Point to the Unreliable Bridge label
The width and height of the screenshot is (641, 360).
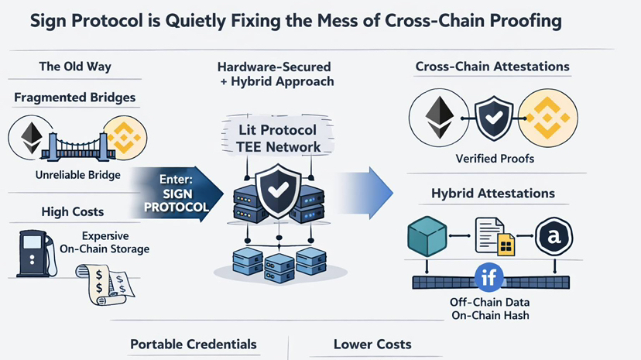(x=78, y=175)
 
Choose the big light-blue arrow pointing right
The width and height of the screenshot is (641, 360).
(x=364, y=190)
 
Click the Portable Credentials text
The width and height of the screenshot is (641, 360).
(x=193, y=344)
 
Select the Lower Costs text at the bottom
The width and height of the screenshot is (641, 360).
(x=372, y=344)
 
